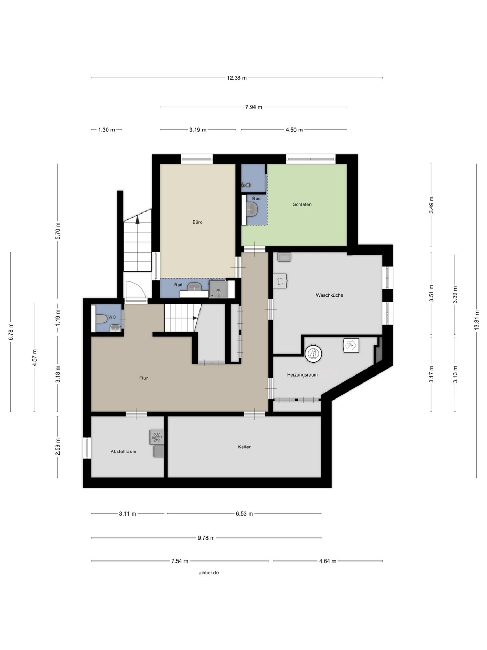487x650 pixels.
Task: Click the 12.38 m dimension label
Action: coord(237,78)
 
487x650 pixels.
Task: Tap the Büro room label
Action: coord(197,222)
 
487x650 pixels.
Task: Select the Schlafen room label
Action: coord(302,204)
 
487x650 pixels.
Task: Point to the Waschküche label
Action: coord(329,295)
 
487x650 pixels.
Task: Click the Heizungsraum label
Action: coord(302,375)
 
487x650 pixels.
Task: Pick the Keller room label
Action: coord(244,447)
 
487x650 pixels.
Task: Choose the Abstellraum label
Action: coord(123,452)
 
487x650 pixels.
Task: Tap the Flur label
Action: coord(143,378)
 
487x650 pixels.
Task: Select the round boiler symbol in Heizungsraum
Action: coord(313,354)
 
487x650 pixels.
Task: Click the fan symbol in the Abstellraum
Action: coord(157,437)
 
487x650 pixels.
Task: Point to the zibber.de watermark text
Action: coord(209,573)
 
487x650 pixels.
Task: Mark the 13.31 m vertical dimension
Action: coord(477,320)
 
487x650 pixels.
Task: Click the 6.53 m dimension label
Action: coord(244,513)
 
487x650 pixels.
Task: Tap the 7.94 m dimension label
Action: coord(253,107)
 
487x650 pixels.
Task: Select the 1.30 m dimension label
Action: coord(106,130)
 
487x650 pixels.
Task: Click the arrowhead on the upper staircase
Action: coord(138,219)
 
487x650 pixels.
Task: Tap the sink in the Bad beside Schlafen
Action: coord(252,210)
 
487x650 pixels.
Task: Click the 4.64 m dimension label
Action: coord(328,561)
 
